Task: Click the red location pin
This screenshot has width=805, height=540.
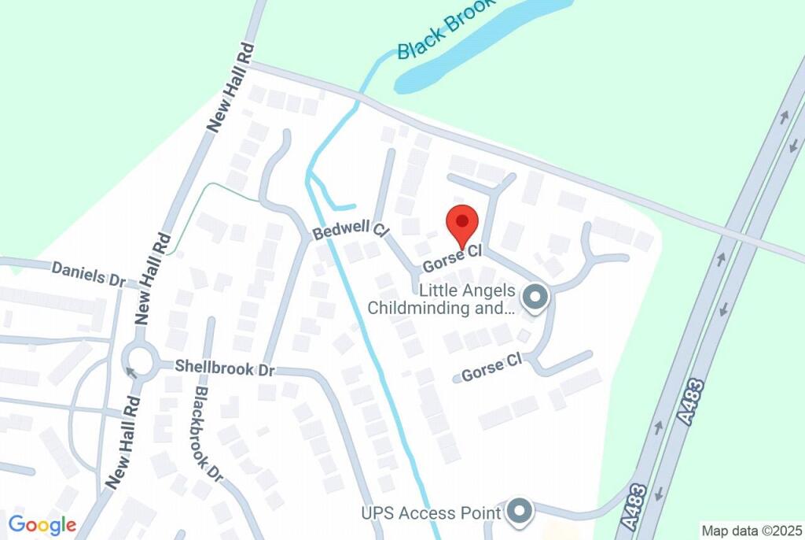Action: pos(462,224)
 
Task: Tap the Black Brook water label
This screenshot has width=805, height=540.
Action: pos(446,30)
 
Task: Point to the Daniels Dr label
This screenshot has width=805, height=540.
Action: pos(89,274)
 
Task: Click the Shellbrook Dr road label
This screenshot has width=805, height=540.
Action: pos(224,367)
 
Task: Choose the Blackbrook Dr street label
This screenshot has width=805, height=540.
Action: pos(209,434)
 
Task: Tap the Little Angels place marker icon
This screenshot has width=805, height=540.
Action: pos(536,298)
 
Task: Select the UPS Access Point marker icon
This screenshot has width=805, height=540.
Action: pos(519,512)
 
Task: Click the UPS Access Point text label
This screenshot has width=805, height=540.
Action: pos(431,513)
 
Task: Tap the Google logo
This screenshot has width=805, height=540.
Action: pos(42,525)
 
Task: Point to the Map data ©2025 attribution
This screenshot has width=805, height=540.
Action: pos(752,531)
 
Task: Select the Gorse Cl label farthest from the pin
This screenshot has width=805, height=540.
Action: pos(491,366)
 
